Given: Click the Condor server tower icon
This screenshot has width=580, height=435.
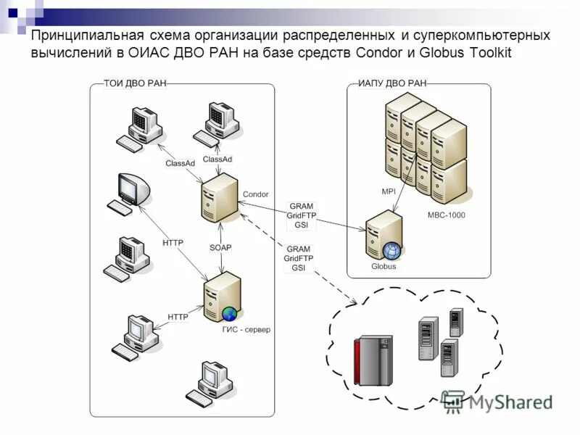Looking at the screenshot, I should [x=219, y=199].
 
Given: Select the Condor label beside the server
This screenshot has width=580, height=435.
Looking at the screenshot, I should [x=255, y=194].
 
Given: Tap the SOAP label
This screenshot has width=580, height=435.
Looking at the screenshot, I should [x=220, y=247].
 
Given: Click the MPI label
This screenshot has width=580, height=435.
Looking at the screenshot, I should [x=389, y=191].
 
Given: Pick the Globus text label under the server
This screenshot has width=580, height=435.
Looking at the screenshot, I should [x=384, y=266].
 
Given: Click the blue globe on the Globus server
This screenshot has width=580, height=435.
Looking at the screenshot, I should [x=391, y=251].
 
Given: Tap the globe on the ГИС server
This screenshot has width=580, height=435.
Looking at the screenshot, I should [x=230, y=314].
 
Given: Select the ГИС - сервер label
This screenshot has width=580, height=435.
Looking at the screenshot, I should [x=246, y=330].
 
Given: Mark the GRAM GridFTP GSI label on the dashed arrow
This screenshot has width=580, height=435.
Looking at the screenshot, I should [x=298, y=258].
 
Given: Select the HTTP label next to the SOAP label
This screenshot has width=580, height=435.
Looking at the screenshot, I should [x=173, y=243].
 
